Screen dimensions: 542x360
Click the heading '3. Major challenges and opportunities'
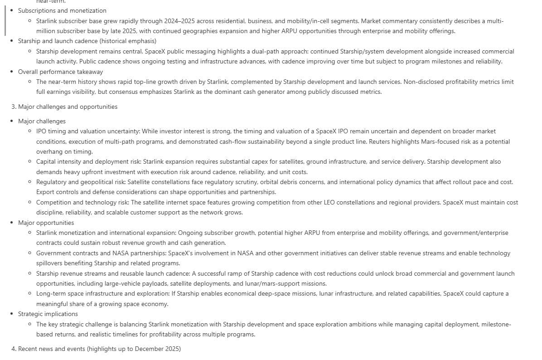click(x=64, y=107)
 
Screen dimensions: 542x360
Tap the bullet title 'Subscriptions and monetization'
click(x=62, y=10)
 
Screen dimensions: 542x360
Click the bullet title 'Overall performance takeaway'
click(x=60, y=72)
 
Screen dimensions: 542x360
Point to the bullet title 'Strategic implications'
click(x=48, y=314)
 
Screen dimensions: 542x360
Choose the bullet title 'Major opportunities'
click(x=46, y=223)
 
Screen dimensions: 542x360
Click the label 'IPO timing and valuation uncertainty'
click(x=88, y=131)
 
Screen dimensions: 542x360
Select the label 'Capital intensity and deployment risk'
click(x=88, y=162)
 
